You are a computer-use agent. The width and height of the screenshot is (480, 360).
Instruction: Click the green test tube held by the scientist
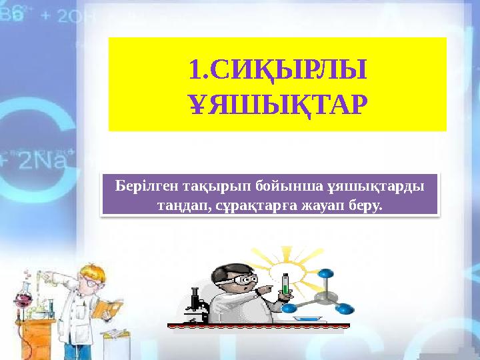286,285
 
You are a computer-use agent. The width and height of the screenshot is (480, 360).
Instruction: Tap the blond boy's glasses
89,281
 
